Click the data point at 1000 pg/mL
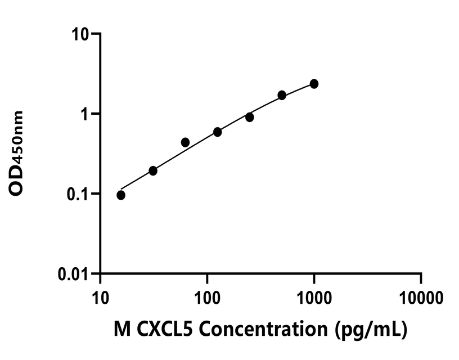[314, 84]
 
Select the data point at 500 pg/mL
[282, 95]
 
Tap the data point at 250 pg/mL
[249, 117]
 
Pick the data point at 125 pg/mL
[217, 132]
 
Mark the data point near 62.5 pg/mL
[185, 142]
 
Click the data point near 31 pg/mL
[153, 170]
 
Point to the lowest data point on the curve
[121, 195]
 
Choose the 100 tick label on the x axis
[207, 296]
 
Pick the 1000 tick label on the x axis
[314, 296]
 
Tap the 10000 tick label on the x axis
[421, 296]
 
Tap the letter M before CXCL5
[123, 328]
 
